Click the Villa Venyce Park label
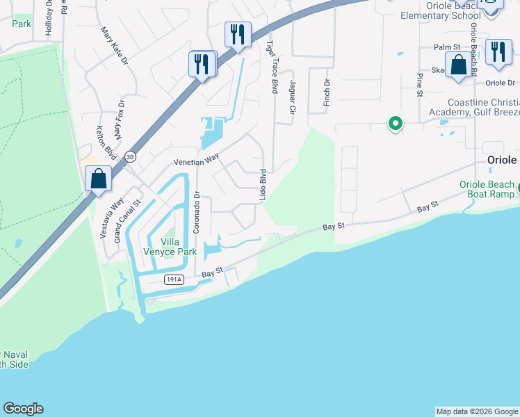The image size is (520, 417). [165, 246]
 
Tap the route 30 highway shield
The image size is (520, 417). [131, 157]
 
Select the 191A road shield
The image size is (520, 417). [174, 279]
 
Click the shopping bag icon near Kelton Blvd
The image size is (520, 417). [99, 179]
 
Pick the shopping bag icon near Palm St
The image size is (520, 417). [458, 66]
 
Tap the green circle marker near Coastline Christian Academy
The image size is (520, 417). [396, 124]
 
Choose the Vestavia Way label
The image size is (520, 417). [106, 219]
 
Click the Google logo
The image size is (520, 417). [23, 409]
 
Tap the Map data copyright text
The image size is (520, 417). [476, 411]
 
